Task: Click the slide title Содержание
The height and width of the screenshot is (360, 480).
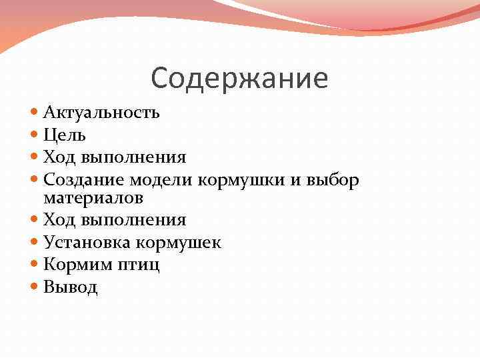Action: pos(239,78)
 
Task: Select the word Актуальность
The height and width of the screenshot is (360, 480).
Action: pos(101,111)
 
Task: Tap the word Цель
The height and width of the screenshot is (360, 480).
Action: pos(64,135)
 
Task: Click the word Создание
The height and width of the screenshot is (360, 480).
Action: pos(84,179)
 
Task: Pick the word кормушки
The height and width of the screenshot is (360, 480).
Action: pos(231,180)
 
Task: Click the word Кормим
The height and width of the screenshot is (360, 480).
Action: pos(76,265)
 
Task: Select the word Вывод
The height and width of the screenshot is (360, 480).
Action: pos(70,287)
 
